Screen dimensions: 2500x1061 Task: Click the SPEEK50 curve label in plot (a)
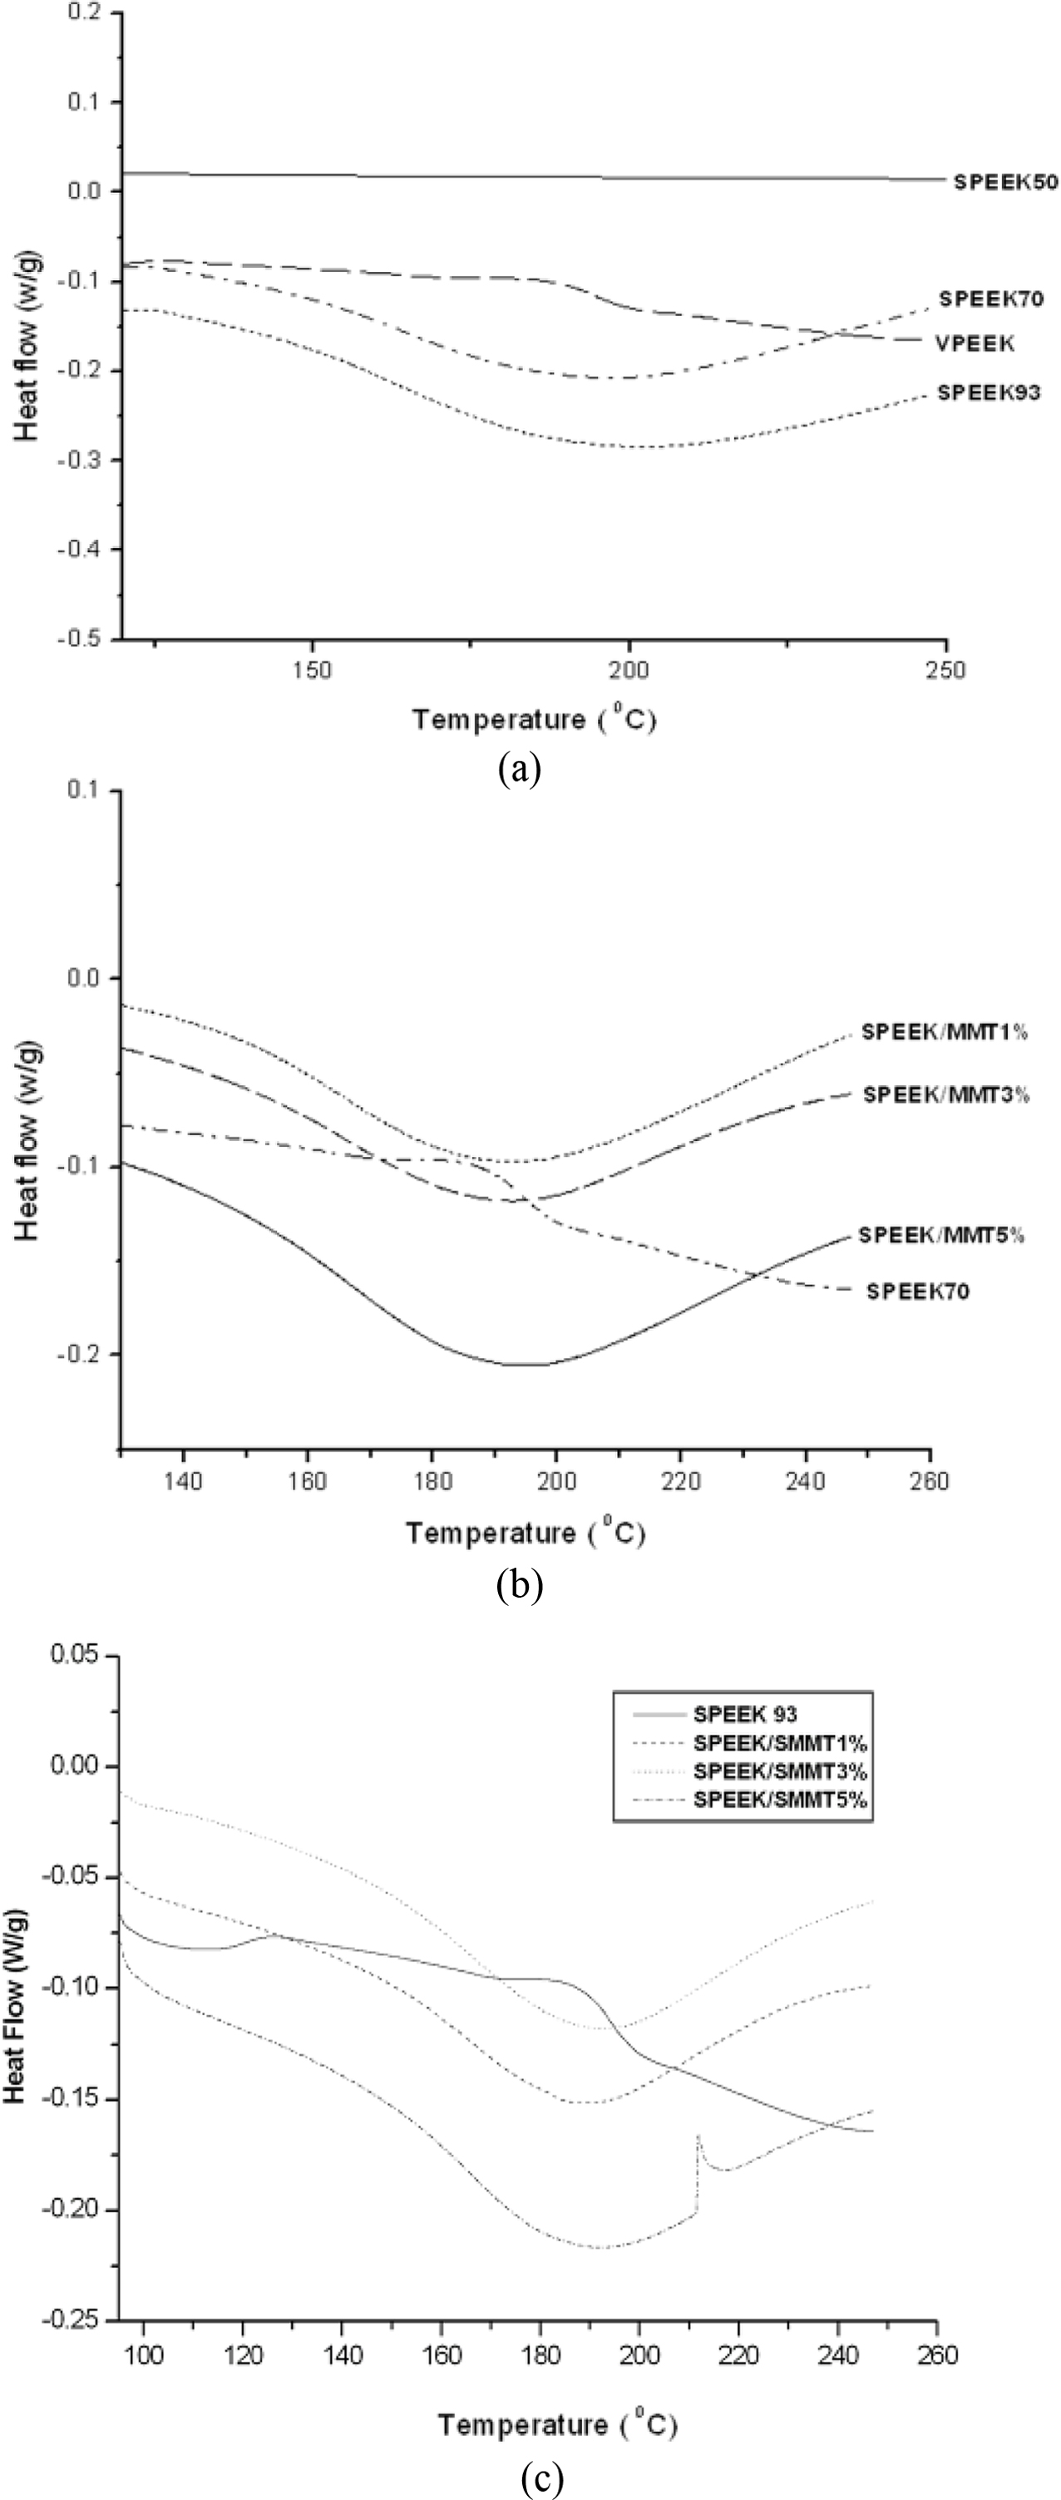pyautogui.click(x=1005, y=180)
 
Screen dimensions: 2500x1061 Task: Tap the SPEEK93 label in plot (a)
pyautogui.click(x=988, y=393)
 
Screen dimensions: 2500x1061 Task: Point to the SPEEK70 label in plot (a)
pyautogui.click(x=991, y=299)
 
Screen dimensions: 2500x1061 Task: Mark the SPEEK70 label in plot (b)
pyautogui.click(x=917, y=1291)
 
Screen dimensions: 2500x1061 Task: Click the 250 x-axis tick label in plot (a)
pyautogui.click(x=946, y=669)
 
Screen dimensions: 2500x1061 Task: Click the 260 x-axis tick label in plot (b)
pyautogui.click(x=930, y=1481)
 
